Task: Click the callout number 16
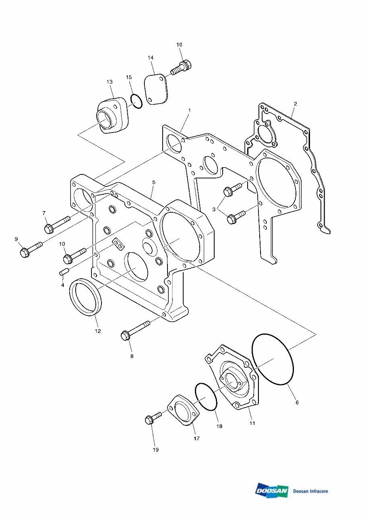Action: (180, 44)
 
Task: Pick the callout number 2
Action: (295, 104)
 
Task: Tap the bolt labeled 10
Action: (74, 255)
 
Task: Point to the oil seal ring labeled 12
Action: (86, 297)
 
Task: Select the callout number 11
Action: (252, 423)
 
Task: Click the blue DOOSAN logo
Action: (272, 491)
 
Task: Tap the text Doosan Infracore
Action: (310, 491)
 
